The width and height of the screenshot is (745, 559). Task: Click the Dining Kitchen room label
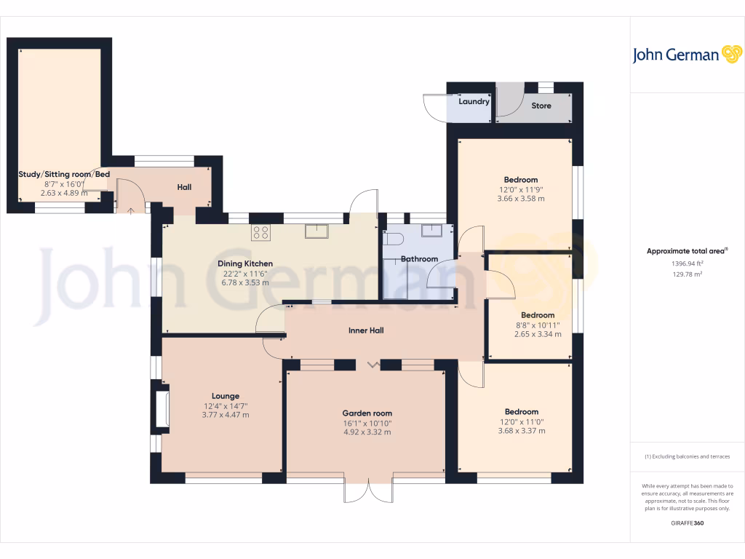point(245,263)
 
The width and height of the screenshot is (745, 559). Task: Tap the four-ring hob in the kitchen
point(261,233)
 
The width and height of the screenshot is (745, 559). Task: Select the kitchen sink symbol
point(317,231)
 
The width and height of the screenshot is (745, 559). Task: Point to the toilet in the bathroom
point(394,239)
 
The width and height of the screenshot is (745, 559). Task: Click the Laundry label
point(474,102)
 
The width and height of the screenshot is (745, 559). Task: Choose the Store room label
point(541,106)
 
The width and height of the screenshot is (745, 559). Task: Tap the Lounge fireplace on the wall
point(161,411)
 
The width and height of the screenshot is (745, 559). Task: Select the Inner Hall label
point(366,330)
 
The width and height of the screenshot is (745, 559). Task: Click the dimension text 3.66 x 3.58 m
point(521,198)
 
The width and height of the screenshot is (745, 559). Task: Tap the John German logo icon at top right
point(730,55)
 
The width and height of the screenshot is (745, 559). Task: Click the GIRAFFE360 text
point(688,523)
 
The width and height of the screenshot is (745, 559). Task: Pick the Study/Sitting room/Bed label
point(64,175)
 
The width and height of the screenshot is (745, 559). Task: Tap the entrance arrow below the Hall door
point(131,211)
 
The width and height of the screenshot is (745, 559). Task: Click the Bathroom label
point(420,259)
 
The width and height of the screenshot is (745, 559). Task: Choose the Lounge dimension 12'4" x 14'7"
point(226,405)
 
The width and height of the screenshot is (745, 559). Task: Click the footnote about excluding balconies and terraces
point(688,456)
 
